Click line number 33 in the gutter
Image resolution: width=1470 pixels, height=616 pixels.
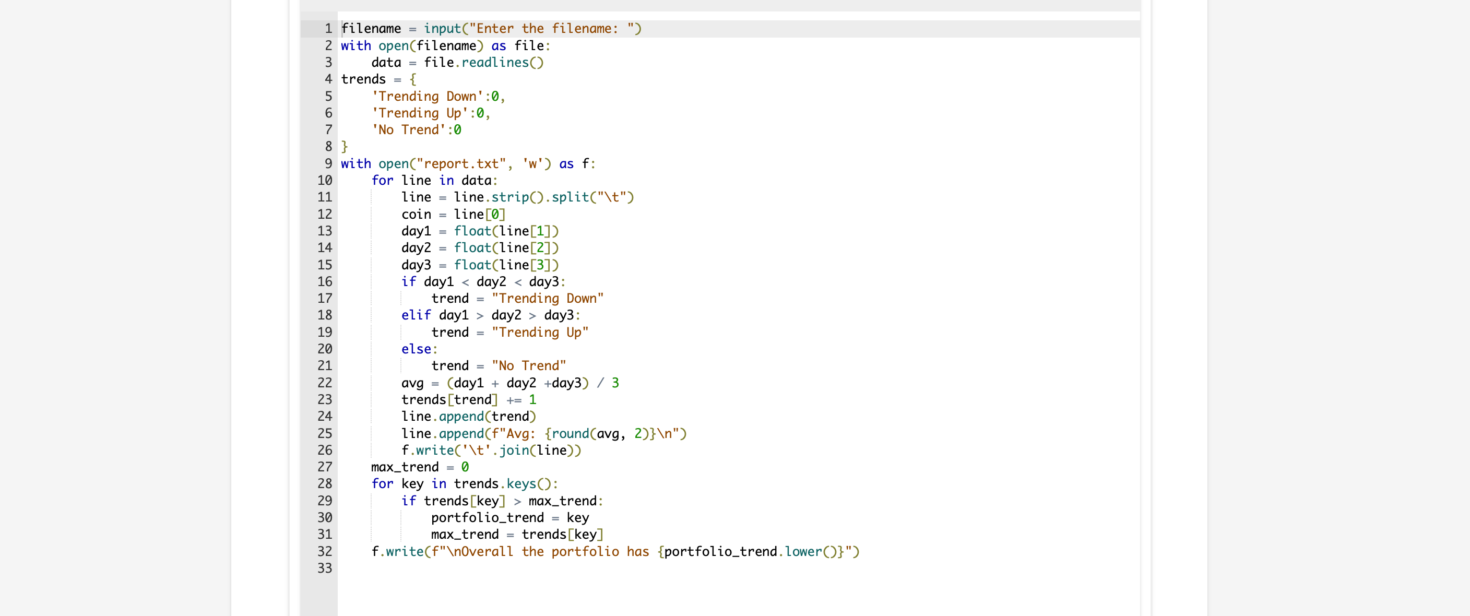pos(324,568)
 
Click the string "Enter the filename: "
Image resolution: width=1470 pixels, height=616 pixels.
pos(551,29)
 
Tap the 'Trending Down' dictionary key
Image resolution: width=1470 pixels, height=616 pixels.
pos(428,97)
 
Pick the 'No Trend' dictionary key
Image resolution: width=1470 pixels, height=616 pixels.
pos(409,130)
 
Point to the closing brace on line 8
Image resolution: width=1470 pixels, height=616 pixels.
pos(344,147)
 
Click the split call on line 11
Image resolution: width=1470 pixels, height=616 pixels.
pos(570,197)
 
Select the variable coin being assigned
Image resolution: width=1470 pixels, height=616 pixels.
pos(416,214)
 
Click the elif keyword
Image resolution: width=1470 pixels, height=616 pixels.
pos(416,315)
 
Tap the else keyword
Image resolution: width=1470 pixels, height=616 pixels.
pos(416,349)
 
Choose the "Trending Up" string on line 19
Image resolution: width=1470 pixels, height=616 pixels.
pos(539,332)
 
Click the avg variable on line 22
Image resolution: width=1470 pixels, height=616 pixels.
pos(412,383)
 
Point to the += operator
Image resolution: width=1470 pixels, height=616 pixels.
pos(514,400)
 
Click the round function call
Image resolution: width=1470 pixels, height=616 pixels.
pos(570,433)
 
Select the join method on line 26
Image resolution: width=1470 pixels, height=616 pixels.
pos(514,451)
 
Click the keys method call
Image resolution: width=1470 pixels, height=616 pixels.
pos(520,484)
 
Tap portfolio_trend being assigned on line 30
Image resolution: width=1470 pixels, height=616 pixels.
pos(488,518)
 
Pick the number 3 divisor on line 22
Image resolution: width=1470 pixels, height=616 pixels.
pos(614,383)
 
